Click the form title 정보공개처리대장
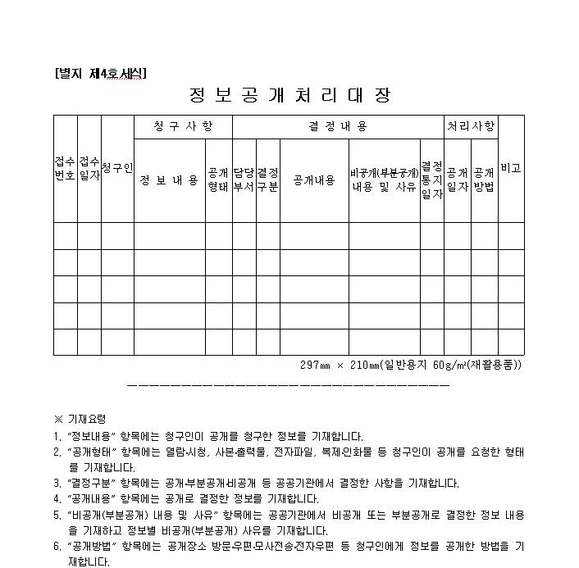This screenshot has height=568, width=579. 289,95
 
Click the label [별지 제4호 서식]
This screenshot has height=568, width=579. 101,73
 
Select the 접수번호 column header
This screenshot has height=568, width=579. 66,168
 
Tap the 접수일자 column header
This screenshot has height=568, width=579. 89,168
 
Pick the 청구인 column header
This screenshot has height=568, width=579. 117,168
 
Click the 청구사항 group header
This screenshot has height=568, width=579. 183,126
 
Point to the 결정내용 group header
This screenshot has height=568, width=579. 338,126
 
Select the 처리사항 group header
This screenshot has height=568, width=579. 471,126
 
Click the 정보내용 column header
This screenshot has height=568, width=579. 169,180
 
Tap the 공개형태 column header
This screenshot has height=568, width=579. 218,180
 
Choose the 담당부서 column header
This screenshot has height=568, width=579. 244,180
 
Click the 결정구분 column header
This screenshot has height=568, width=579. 267,180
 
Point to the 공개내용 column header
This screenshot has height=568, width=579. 314,180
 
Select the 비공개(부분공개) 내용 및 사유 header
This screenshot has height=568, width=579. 385,180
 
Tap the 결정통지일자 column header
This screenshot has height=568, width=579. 431,180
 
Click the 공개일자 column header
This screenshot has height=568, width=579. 457,180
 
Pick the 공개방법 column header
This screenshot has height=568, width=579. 484,180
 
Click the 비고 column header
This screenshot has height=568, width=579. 511,168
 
